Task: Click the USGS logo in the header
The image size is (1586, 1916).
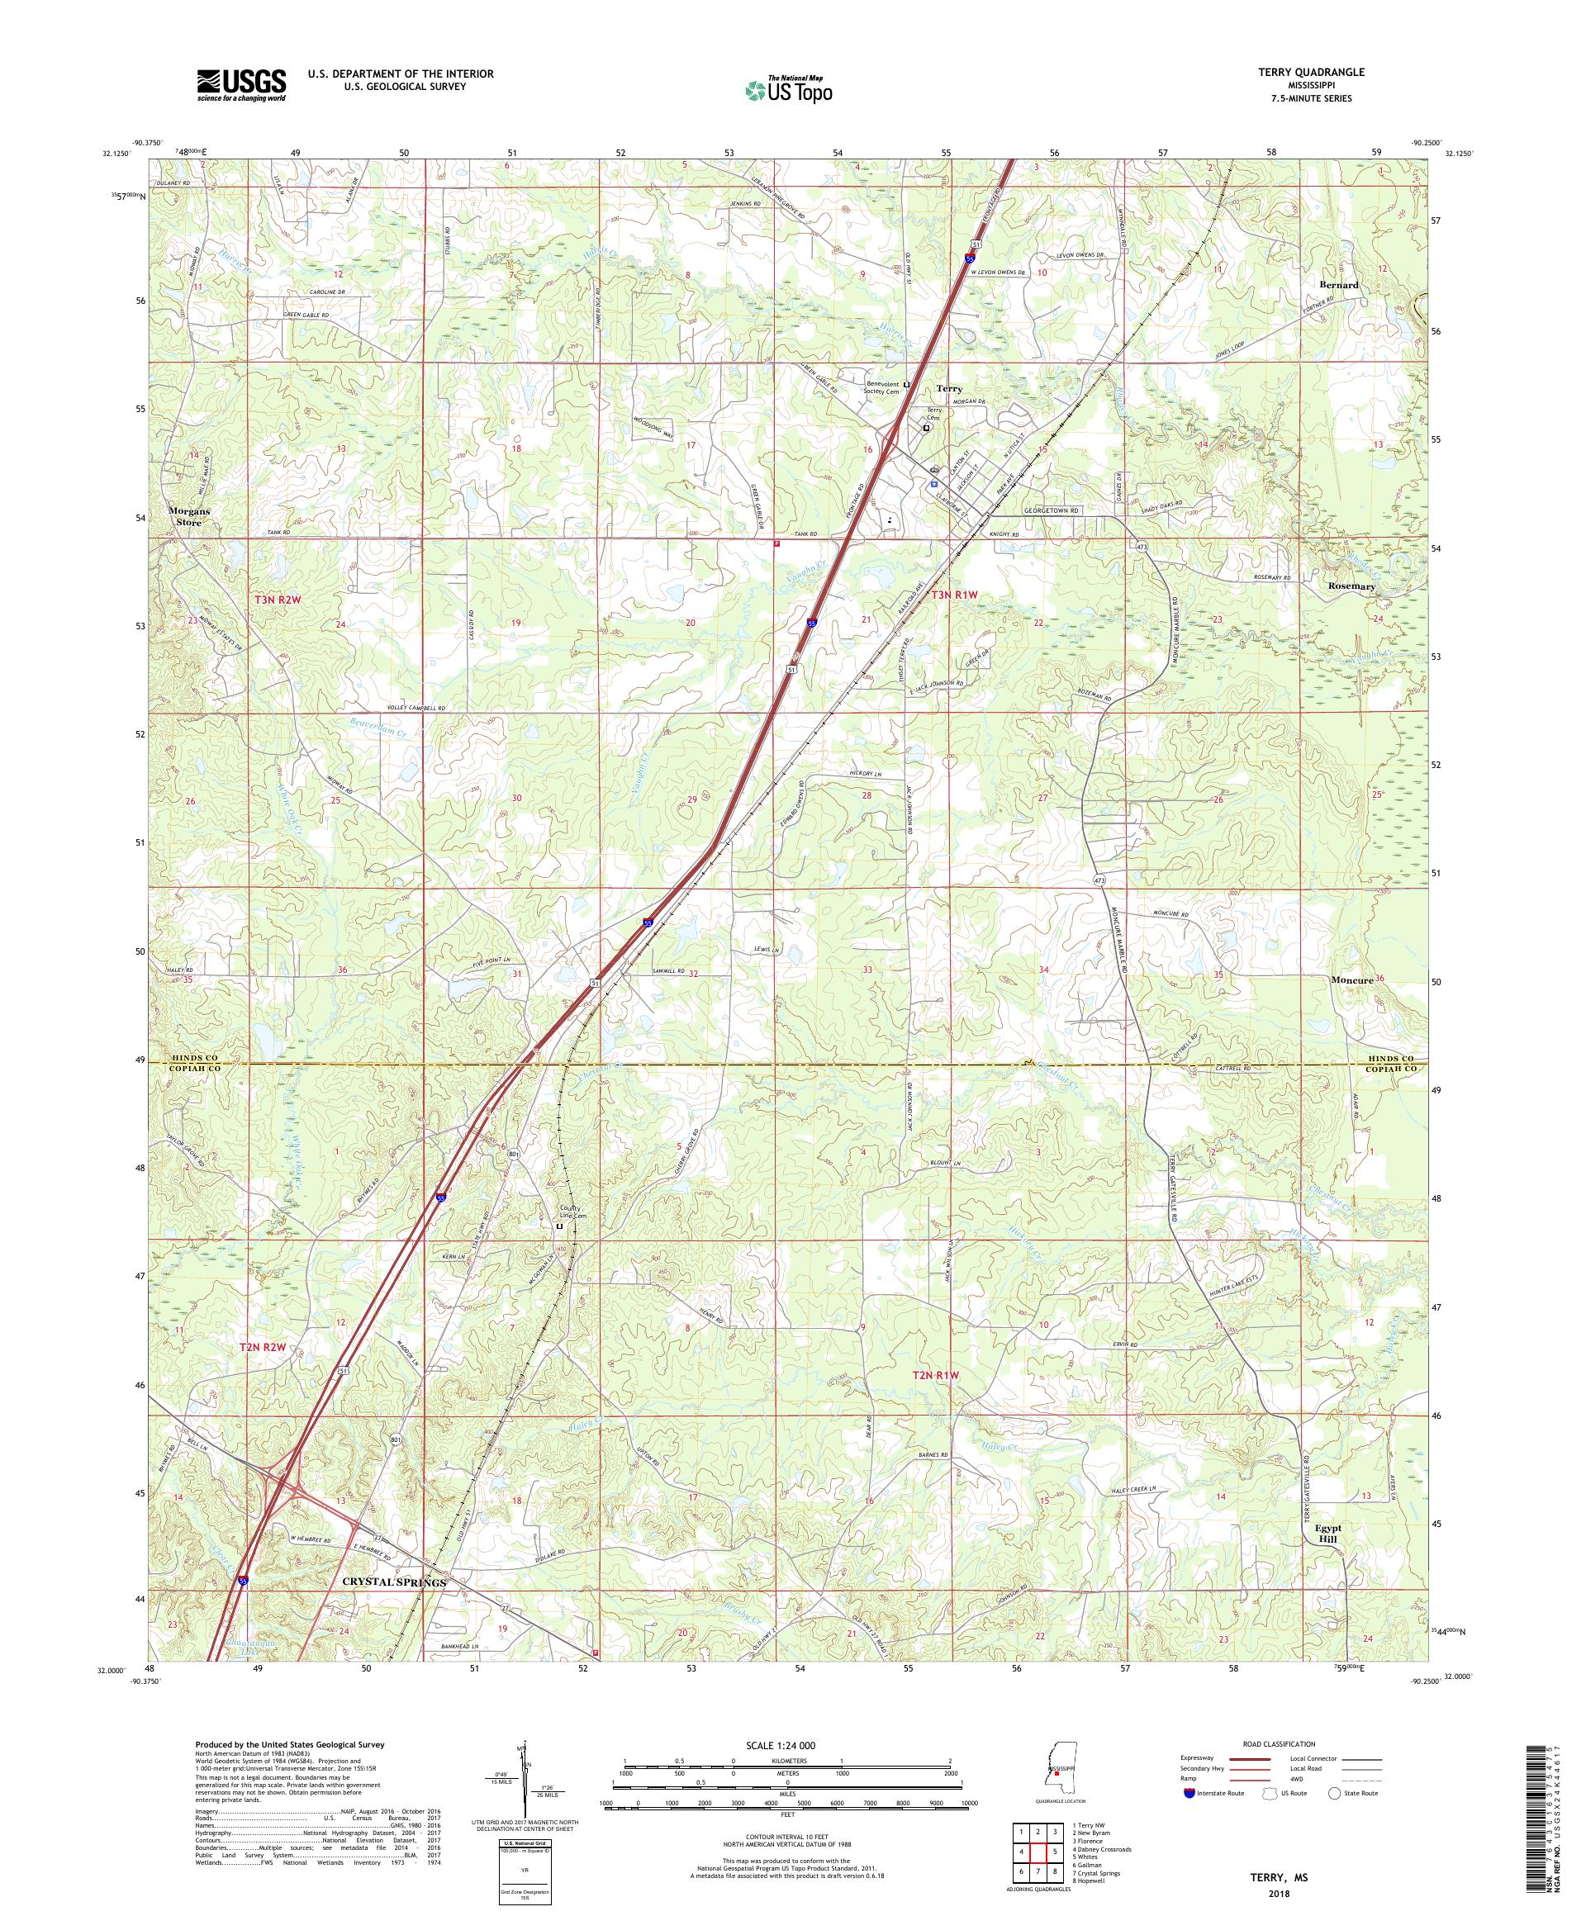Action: pyautogui.click(x=241, y=86)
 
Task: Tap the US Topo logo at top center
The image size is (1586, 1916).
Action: pyautogui.click(x=791, y=88)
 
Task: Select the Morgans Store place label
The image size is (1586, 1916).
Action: pyautogui.click(x=189, y=516)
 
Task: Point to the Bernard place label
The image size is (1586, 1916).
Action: pyautogui.click(x=1339, y=285)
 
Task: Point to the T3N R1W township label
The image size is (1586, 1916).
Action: pyautogui.click(x=955, y=595)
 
